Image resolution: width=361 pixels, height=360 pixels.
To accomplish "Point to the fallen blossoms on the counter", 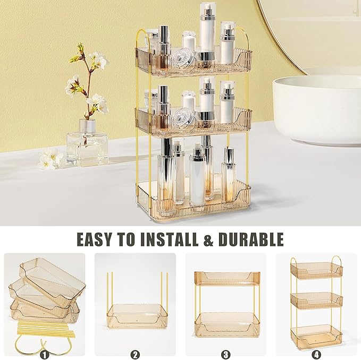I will (50, 159).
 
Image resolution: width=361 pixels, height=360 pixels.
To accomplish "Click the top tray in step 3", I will (225, 278).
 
